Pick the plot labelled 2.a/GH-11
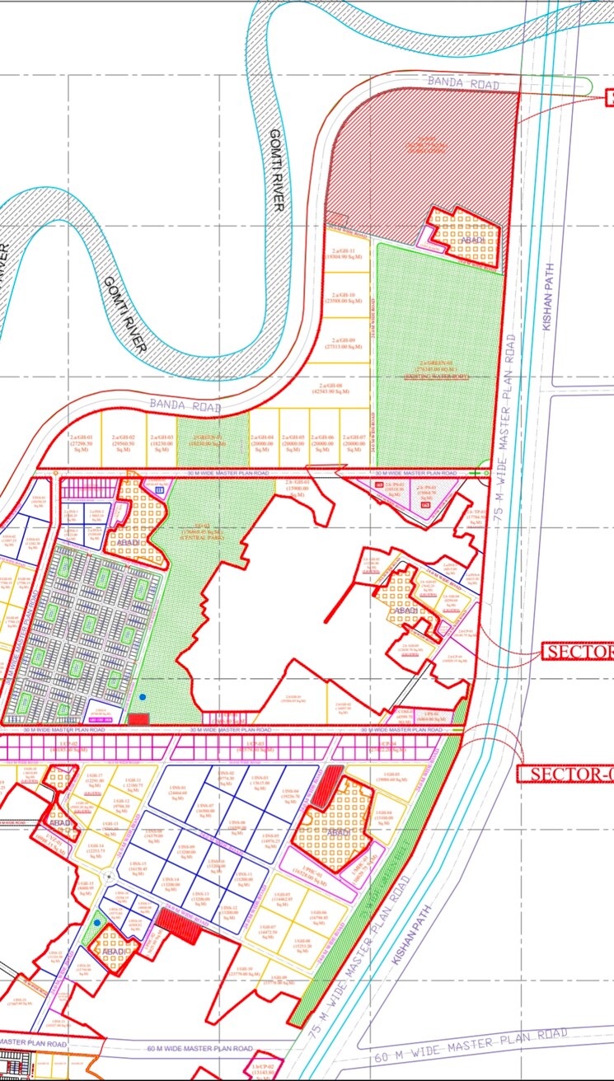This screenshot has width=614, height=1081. click(x=342, y=255)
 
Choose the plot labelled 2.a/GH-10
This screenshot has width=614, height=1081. click(x=343, y=298)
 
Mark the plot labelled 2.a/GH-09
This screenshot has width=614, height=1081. click(x=342, y=344)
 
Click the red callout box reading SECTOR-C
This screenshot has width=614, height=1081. click(x=565, y=774)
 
